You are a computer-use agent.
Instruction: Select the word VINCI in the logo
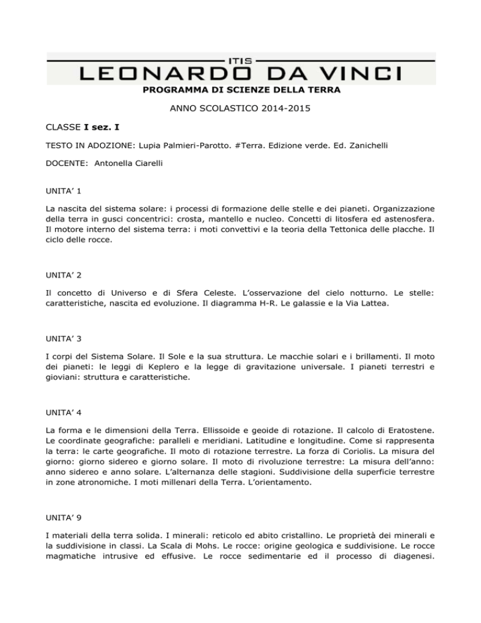click(x=368, y=75)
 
